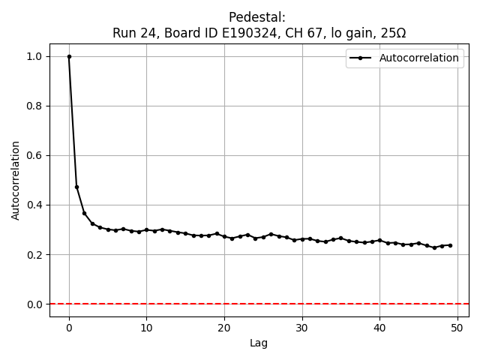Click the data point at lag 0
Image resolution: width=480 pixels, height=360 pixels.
tap(69, 56)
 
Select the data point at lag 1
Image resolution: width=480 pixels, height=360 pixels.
tap(76, 187)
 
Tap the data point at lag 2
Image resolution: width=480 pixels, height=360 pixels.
tap(85, 213)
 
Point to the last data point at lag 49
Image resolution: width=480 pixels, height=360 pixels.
tap(450, 245)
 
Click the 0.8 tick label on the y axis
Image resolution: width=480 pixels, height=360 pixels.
tap(34, 106)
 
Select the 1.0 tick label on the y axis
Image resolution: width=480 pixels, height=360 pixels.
tap(34, 56)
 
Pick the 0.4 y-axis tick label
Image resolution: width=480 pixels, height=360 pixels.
tap(34, 205)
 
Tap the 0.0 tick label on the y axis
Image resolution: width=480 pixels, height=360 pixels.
tap(34, 304)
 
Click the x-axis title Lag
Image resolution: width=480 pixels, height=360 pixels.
tap(259, 343)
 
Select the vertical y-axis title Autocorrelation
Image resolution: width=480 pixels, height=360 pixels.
tap(16, 180)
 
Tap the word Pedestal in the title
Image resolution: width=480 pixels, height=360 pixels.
tap(256, 17)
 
